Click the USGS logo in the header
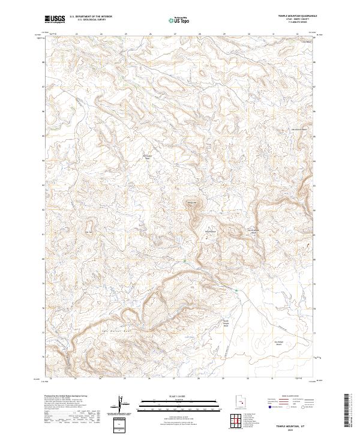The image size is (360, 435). click(55, 19)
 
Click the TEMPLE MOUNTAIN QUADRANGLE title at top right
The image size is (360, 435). click(295, 16)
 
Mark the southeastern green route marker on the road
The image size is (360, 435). click(236, 291)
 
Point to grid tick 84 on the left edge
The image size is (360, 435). click(43, 161)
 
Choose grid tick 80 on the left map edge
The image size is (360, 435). click(43, 259)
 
